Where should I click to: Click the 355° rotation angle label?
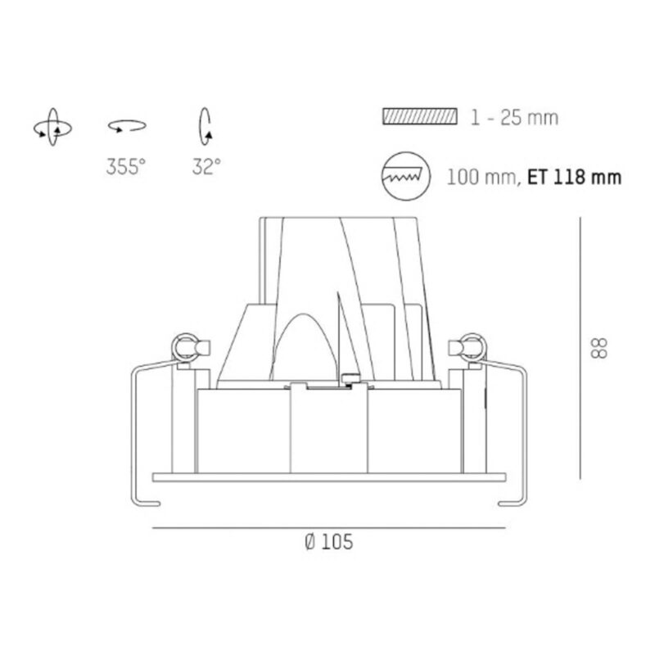126,167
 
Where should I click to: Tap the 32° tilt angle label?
206,167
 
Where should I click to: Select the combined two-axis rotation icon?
52,128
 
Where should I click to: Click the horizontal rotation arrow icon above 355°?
127,126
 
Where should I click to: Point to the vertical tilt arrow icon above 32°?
206,127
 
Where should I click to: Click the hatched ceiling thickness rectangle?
420,116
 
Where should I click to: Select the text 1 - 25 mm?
514,117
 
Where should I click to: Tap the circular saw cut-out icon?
405,176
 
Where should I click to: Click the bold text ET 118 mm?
575,177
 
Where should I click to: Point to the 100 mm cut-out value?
481,177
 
